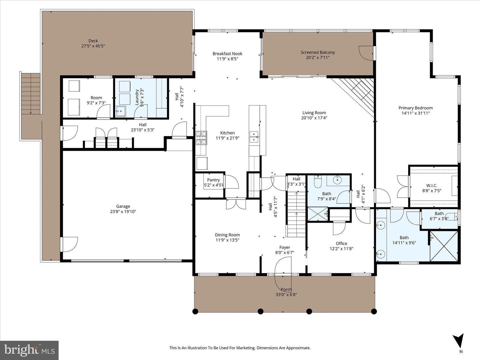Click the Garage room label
click(x=123, y=206)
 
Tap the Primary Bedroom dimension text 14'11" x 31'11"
click(x=415, y=113)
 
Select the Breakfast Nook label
click(x=227, y=54)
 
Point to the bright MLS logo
click(x=29, y=350)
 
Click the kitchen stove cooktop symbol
click(x=201, y=137)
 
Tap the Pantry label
click(x=213, y=180)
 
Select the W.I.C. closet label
click(x=432, y=186)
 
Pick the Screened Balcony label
click(x=318, y=52)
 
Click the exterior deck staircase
click(x=31, y=93)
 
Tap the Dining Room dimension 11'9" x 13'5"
click(x=227, y=240)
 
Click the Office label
click(x=341, y=244)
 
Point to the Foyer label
click(x=285, y=247)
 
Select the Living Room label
click(x=314, y=113)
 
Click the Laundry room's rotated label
click(x=137, y=97)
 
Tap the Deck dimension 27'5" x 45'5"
click(x=93, y=46)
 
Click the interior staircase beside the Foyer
click(x=296, y=213)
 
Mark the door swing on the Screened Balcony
click(x=366, y=53)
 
